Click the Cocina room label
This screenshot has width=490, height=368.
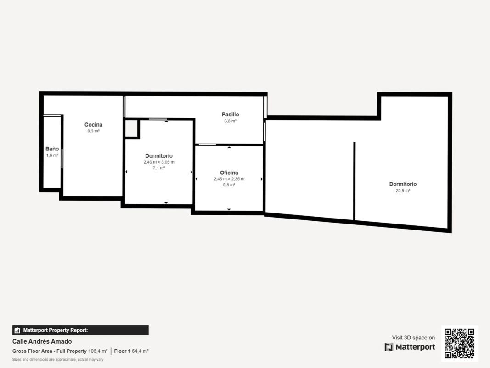click(93, 125)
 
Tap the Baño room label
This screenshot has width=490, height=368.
click(52, 149)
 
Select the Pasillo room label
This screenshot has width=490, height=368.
click(231, 115)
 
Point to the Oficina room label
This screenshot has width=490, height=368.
click(229, 173)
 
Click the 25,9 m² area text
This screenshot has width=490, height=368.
click(403, 190)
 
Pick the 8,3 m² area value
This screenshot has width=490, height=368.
click(93, 131)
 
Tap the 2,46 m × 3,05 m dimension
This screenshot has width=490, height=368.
click(159, 162)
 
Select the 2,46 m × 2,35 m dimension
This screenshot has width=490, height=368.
click(229, 179)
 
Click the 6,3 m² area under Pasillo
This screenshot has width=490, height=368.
click(231, 121)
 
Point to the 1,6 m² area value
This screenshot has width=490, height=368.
click(52, 155)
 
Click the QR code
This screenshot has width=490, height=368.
click(459, 343)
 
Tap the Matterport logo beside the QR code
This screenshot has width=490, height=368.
click(389, 347)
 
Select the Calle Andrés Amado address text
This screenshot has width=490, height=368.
click(42, 341)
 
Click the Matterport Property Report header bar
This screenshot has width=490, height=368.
click(80, 330)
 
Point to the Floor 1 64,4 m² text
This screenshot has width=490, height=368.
click(131, 351)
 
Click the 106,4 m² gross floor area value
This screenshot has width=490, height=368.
click(98, 351)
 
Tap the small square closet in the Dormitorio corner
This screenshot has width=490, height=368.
click(131, 128)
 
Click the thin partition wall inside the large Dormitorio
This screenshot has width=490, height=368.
click(355, 181)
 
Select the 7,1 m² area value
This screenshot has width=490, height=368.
click(159, 168)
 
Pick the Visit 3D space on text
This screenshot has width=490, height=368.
click(413, 338)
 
